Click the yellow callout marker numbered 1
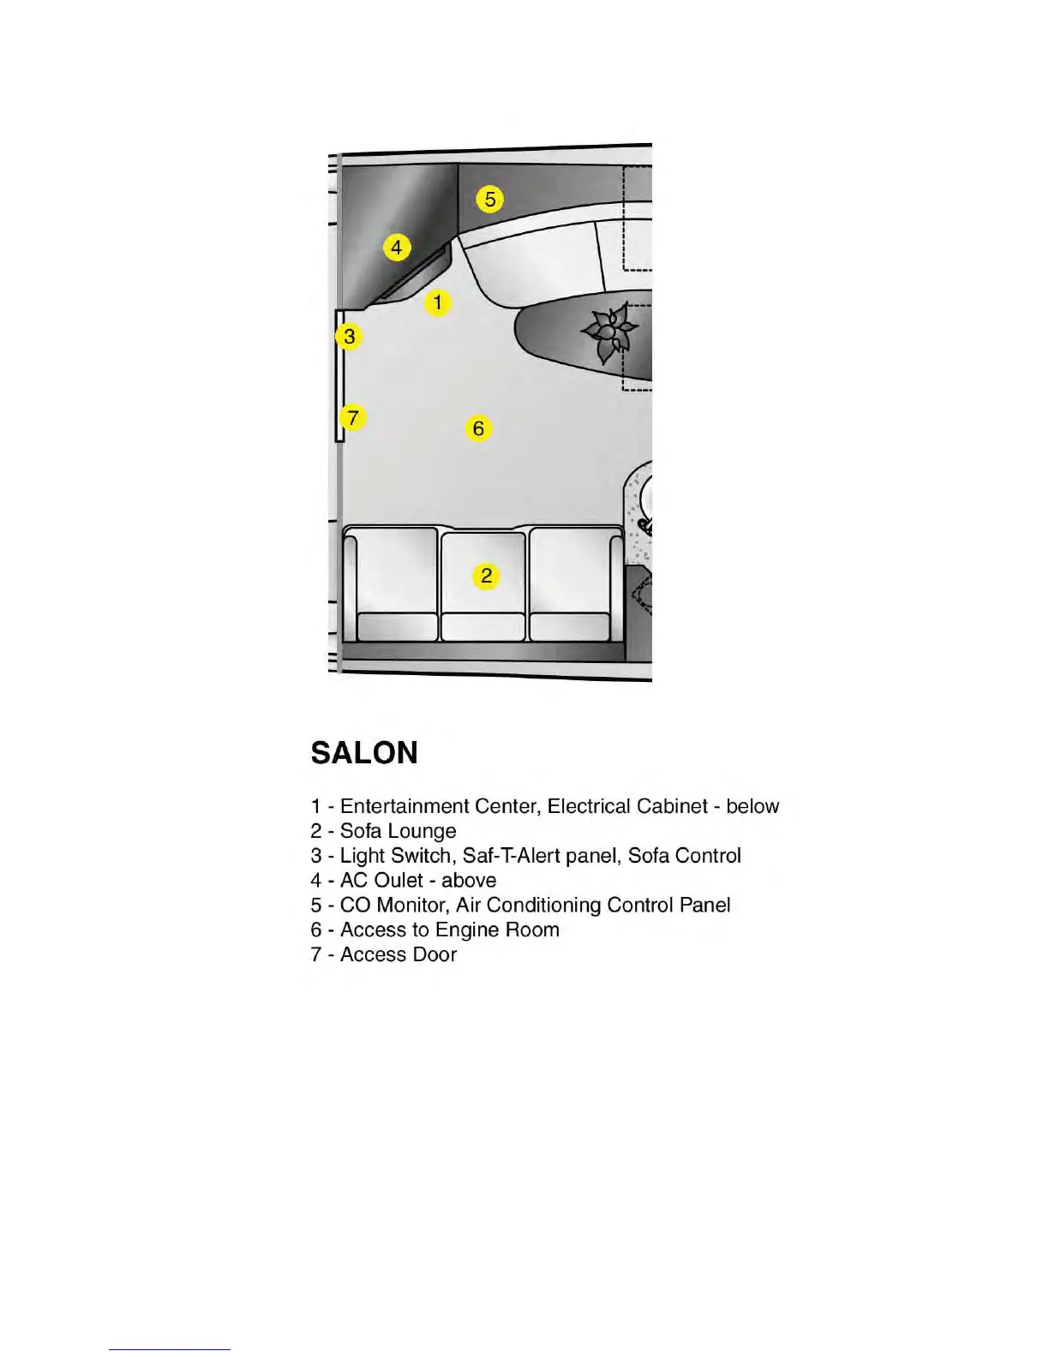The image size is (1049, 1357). click(x=437, y=302)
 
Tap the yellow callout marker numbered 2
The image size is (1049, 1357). click(x=486, y=576)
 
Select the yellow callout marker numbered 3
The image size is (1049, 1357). click(x=349, y=336)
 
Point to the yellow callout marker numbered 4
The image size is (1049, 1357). click(x=396, y=248)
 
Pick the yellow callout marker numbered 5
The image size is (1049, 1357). click(x=489, y=199)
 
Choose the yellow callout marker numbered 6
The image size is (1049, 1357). click(x=478, y=427)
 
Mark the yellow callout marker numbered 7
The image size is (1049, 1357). click(x=352, y=418)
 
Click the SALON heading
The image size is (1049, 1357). click(x=364, y=753)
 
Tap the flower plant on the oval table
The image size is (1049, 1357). click(x=609, y=332)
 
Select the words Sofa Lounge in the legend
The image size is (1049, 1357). click(x=398, y=831)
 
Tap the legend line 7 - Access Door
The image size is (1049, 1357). click(x=383, y=954)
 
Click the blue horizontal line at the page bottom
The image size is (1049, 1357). click(x=169, y=1349)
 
